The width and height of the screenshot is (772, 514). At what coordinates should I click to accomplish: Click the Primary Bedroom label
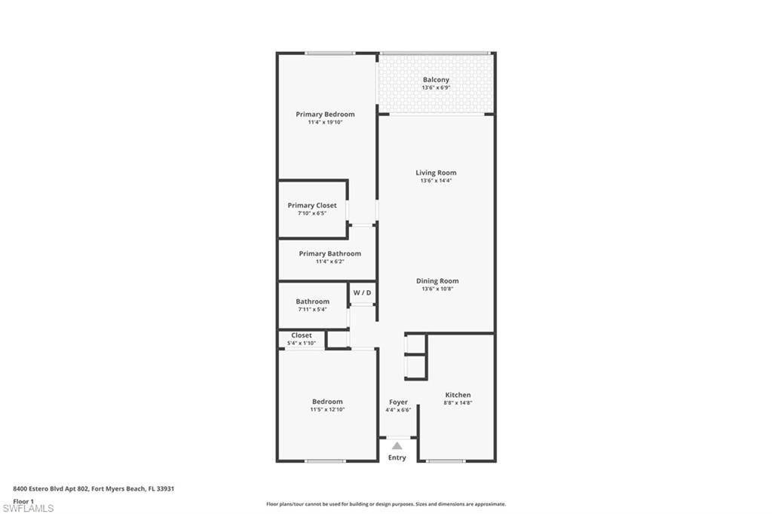[x=325, y=115]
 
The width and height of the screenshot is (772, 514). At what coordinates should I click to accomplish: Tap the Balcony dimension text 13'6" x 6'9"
[x=437, y=87]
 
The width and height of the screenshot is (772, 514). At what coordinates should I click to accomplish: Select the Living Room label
[x=436, y=173]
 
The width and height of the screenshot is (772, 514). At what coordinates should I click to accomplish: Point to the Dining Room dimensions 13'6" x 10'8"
[x=437, y=289]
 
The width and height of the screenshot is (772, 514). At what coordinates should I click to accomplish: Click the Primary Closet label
[x=312, y=205]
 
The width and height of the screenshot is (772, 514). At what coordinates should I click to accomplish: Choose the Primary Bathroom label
[x=330, y=253]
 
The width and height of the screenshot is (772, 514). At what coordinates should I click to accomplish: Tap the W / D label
[x=363, y=292]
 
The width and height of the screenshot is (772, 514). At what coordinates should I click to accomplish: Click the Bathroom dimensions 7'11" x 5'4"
[x=313, y=309]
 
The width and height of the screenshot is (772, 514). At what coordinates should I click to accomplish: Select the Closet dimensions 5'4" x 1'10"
[x=302, y=343]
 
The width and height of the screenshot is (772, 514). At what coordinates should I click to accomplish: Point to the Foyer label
[x=398, y=402]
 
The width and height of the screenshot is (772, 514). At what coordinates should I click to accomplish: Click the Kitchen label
[x=458, y=395]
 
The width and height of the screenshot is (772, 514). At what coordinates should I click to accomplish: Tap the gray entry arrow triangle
[x=397, y=446]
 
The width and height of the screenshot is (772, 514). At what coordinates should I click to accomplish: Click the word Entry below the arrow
[x=397, y=457]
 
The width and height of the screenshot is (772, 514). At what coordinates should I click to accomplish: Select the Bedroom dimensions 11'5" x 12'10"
[x=327, y=409]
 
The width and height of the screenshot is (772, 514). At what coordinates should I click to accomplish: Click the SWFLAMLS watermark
[x=28, y=508]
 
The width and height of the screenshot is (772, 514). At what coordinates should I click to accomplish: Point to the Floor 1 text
[x=23, y=501]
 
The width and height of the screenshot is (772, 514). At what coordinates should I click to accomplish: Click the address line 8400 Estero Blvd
[x=93, y=489]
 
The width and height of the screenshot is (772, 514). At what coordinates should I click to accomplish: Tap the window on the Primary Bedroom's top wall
[x=330, y=54]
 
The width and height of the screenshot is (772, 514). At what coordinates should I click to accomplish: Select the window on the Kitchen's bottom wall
[x=446, y=460]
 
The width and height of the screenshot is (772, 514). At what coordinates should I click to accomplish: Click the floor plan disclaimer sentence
[x=386, y=504]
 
